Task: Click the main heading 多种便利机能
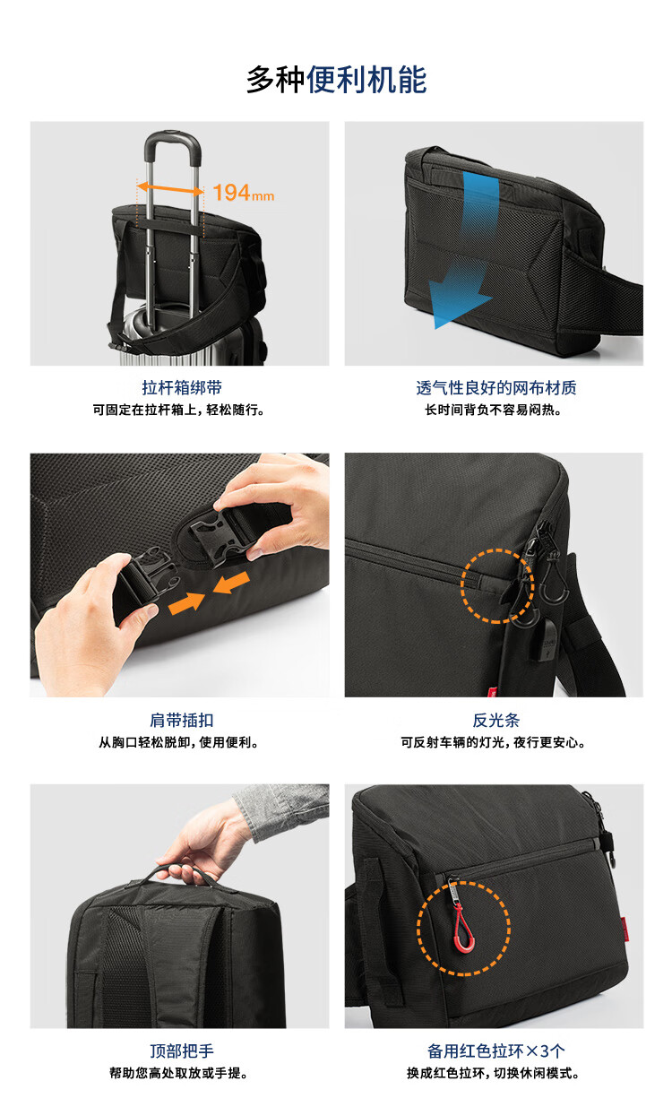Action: point(337,80)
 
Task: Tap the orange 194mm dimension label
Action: point(243,193)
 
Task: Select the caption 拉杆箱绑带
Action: point(182,387)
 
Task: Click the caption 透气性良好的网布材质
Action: point(496,387)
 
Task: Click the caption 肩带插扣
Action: point(182,720)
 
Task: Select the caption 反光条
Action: point(496,720)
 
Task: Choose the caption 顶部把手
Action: point(182,1051)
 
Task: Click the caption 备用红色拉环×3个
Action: point(496,1051)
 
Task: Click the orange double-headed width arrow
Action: point(170,189)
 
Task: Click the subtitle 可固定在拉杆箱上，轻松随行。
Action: point(179,410)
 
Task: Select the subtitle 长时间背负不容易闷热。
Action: point(494,410)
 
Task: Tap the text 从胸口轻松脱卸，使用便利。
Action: point(179,742)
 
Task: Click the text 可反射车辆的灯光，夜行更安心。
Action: point(494,742)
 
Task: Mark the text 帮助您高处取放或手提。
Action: point(179,1073)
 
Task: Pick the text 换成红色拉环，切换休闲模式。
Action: point(494,1073)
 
